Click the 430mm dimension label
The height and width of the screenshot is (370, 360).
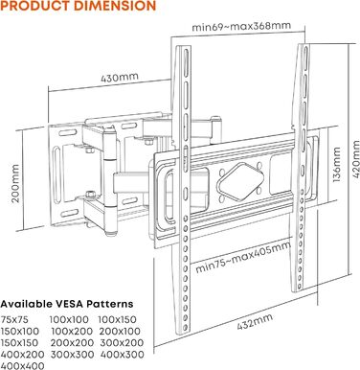[x=120, y=78]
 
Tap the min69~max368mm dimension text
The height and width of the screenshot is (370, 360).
[x=241, y=26]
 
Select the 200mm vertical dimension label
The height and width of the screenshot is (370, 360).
[x=15, y=183]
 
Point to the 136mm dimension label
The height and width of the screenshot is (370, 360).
[x=337, y=164]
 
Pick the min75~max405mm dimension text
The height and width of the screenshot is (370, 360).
[x=243, y=257]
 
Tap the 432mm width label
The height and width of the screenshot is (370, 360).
[x=255, y=321]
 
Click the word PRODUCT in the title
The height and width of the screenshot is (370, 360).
[x=33, y=6]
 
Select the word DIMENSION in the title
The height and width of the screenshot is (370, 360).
[x=112, y=6]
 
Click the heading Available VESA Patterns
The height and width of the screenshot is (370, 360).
[x=67, y=304]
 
